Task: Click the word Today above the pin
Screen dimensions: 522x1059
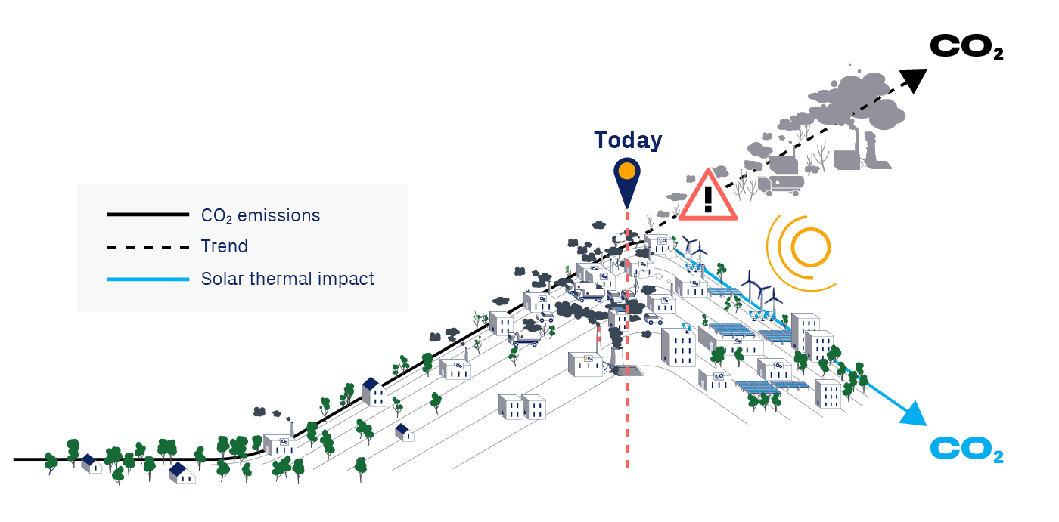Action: (x=628, y=141)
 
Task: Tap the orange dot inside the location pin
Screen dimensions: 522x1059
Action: (x=626, y=171)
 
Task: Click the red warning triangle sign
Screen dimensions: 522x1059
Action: (x=708, y=199)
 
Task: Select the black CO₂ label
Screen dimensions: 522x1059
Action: (x=966, y=48)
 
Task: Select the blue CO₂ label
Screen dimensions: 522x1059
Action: (x=966, y=450)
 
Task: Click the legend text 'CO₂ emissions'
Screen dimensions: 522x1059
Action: (x=260, y=215)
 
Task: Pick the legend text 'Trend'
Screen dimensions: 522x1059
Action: (x=225, y=246)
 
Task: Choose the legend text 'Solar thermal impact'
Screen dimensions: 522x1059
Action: (x=287, y=279)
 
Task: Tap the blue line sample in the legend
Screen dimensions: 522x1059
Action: (x=148, y=279)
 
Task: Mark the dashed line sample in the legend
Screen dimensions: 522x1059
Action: (x=148, y=247)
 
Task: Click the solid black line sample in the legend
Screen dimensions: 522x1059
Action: (x=148, y=215)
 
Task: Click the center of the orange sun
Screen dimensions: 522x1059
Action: (x=811, y=246)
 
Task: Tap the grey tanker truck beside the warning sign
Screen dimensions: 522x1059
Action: (x=780, y=184)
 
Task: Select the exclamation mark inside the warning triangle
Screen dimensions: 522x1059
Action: (x=708, y=199)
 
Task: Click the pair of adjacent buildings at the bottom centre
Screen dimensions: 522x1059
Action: (x=522, y=407)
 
